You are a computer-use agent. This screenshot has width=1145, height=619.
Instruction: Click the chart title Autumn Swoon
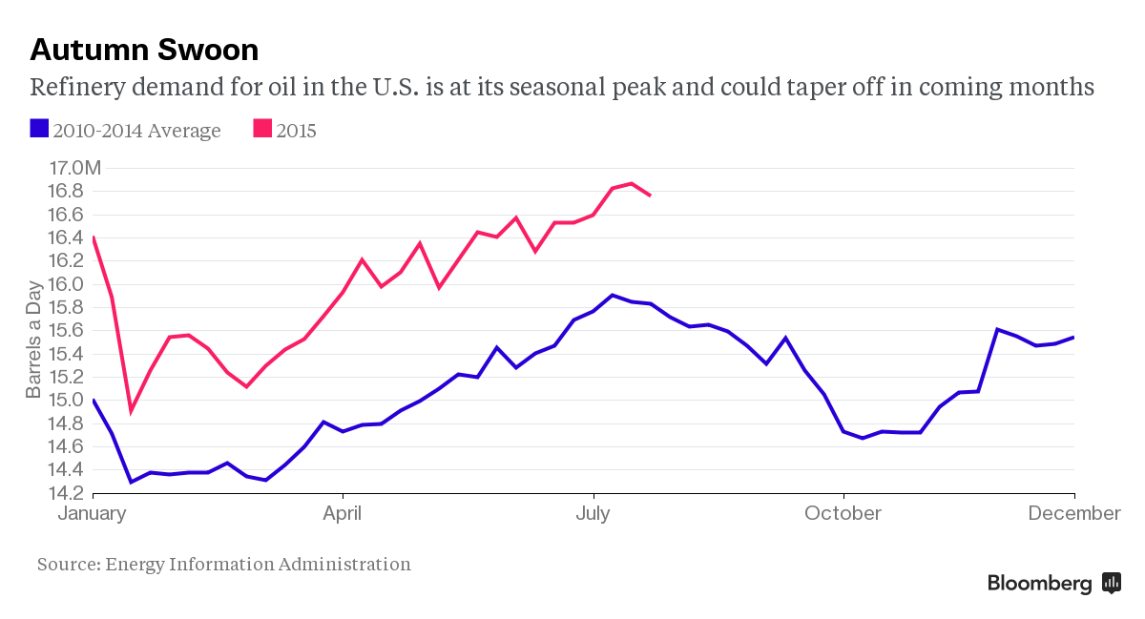(x=144, y=49)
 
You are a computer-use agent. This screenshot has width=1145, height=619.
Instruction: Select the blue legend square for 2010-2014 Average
(x=39, y=129)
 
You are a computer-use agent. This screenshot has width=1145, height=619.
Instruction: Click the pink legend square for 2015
(x=261, y=129)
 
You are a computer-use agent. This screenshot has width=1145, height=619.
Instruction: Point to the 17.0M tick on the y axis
(x=73, y=168)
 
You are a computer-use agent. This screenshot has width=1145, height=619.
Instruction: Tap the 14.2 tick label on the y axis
(x=65, y=493)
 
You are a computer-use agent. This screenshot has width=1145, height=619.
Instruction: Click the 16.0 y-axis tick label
(x=65, y=284)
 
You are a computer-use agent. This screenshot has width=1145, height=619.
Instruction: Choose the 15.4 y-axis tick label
(x=65, y=354)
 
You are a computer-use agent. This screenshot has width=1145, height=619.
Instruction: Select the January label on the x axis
(x=93, y=513)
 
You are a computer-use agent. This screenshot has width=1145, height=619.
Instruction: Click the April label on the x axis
(x=342, y=513)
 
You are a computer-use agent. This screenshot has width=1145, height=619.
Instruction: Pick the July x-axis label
(x=593, y=513)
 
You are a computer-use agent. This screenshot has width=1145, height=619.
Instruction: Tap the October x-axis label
(x=843, y=513)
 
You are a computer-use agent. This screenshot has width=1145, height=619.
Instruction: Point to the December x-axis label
(x=1073, y=513)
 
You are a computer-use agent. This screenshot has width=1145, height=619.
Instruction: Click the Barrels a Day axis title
(x=34, y=339)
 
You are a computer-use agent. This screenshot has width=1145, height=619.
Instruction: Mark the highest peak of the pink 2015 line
(x=631, y=183)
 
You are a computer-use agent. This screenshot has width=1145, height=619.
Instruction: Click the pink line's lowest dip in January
(x=131, y=411)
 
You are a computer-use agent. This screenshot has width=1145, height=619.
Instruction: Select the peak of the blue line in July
(x=613, y=296)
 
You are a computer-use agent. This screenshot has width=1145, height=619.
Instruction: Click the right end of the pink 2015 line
(x=650, y=196)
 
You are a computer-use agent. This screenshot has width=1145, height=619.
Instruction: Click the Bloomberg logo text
(x=1039, y=584)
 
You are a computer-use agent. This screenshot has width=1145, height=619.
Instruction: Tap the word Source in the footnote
(x=67, y=565)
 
